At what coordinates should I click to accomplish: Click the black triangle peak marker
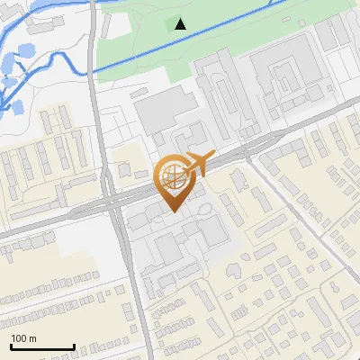point(181,23)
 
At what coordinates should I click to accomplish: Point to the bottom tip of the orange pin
point(173,211)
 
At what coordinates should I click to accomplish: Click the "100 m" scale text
point(24,338)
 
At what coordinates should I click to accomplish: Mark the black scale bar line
point(42,346)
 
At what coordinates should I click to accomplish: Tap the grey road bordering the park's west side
point(93,54)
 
